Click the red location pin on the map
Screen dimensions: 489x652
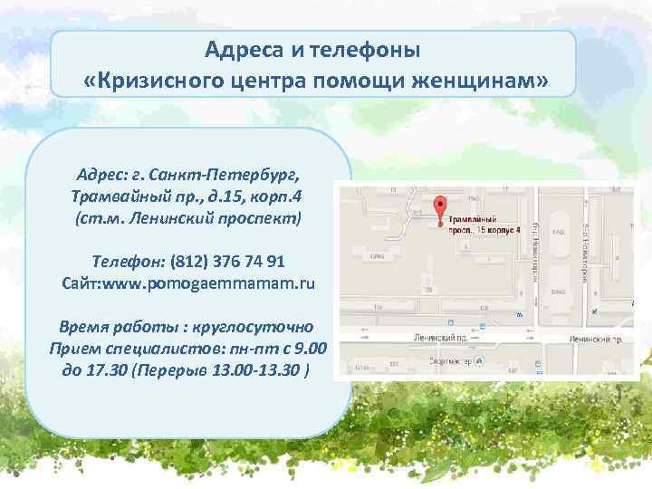[440, 208]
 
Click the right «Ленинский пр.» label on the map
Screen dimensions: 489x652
[596, 339]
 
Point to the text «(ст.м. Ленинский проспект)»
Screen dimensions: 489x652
[187, 218]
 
